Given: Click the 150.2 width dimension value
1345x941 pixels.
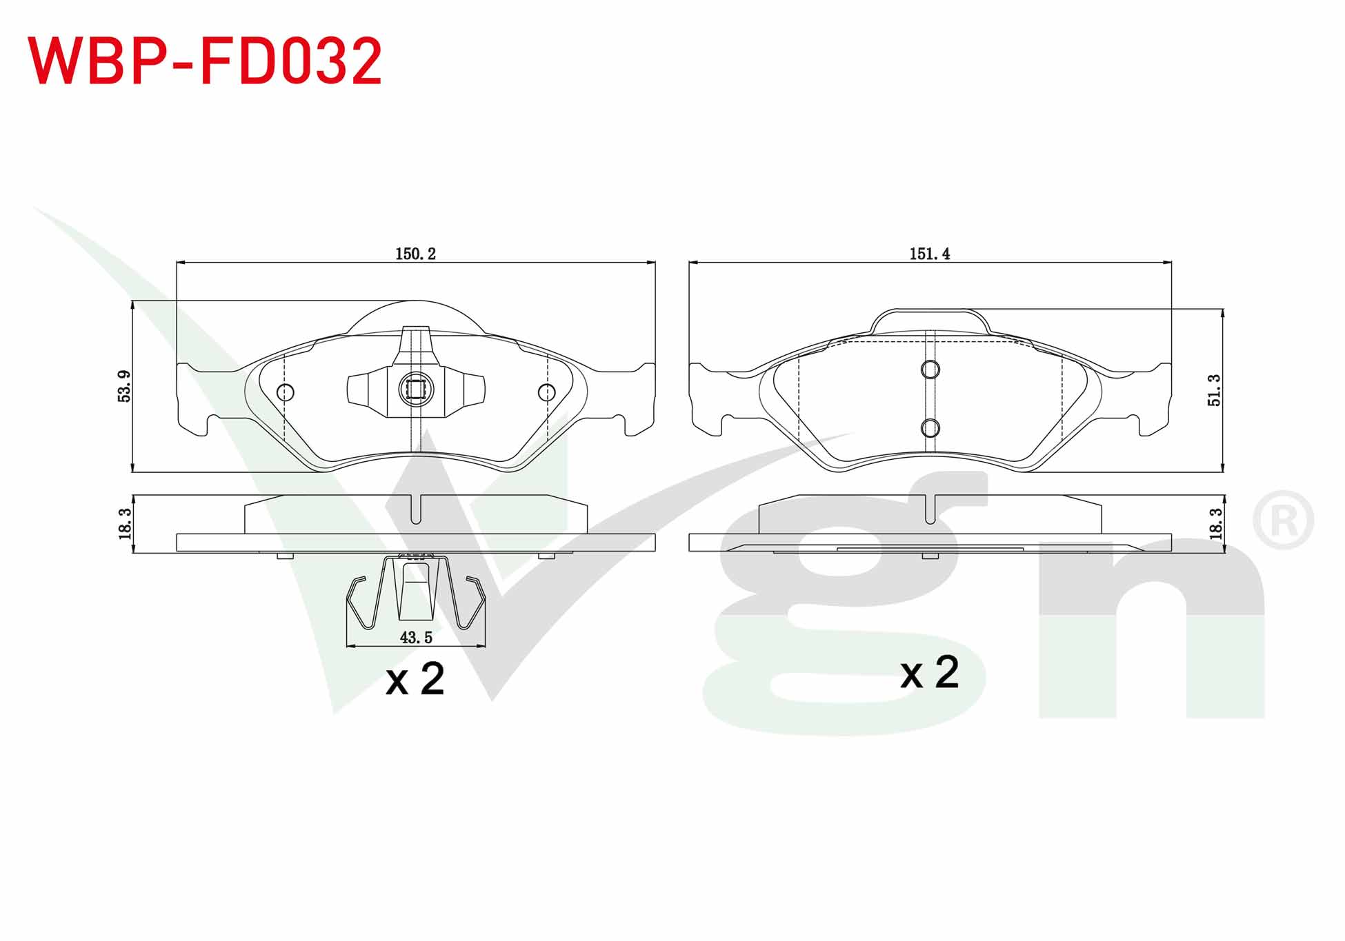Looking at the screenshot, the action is pyautogui.click(x=415, y=254).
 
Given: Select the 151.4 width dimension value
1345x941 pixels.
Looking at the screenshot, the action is pyautogui.click(x=929, y=254).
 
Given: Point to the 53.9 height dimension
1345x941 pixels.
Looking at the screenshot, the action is pyautogui.click(x=124, y=386).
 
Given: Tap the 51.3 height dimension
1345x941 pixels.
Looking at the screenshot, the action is pyautogui.click(x=1214, y=390).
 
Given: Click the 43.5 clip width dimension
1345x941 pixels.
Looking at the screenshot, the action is pyautogui.click(x=416, y=638).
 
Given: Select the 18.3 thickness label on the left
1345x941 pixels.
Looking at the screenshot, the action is pyautogui.click(x=125, y=524).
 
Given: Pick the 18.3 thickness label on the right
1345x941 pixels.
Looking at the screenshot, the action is pyautogui.click(x=1215, y=524).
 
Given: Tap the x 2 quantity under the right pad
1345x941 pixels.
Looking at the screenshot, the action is pyautogui.click(x=929, y=672).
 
